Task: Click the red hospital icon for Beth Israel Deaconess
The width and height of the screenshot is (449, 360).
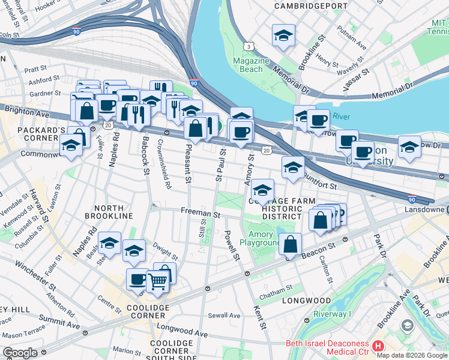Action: click(x=378, y=346)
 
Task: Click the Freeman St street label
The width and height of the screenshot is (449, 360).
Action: click(x=201, y=213)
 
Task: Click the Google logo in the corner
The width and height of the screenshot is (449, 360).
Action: click(x=19, y=353)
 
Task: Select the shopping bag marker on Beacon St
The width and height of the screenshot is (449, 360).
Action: click(x=290, y=244)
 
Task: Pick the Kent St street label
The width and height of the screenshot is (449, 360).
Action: click(x=260, y=317)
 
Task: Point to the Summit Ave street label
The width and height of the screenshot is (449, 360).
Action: click(x=58, y=320)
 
